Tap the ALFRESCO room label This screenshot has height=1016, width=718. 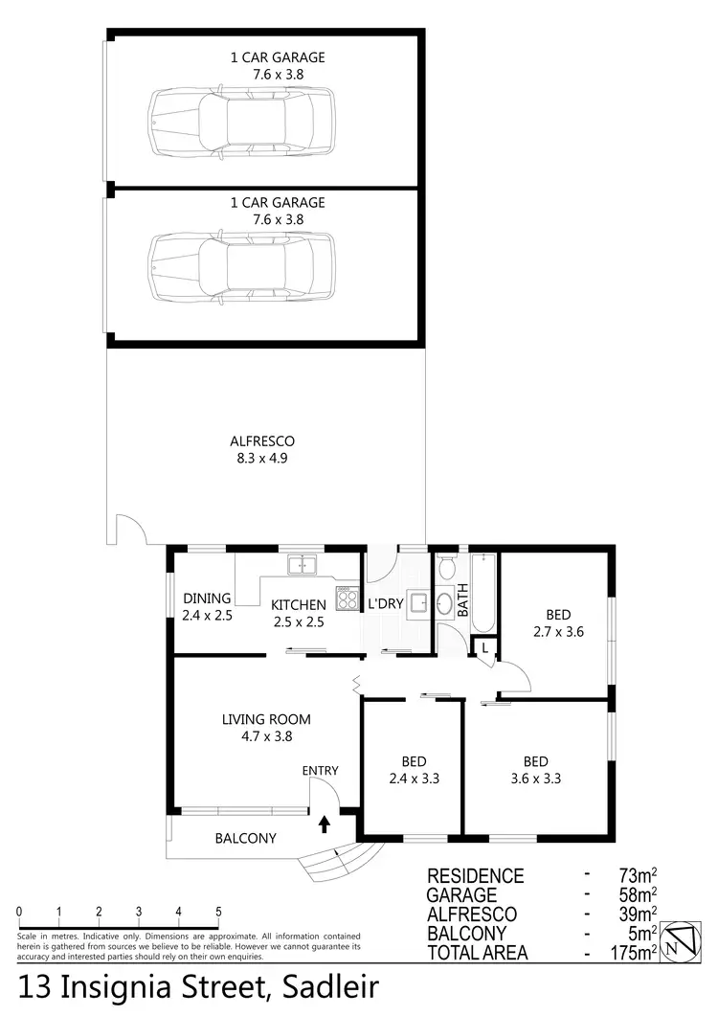coord(261,441)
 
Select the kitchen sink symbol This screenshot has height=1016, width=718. coord(303,564)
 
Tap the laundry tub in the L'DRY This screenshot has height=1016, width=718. coord(417,602)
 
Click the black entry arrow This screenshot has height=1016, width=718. coord(324,822)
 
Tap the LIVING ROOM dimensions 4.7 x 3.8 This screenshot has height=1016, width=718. coord(265,737)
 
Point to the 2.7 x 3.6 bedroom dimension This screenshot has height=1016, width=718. coord(557,631)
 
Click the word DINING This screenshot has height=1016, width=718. coord(207,598)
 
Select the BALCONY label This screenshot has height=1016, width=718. coord(245,838)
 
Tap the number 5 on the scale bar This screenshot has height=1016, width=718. coord(219,911)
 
